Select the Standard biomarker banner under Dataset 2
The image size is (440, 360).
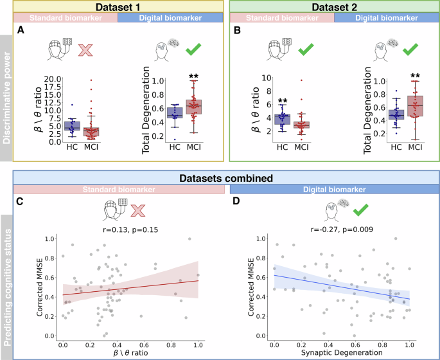(281, 18)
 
